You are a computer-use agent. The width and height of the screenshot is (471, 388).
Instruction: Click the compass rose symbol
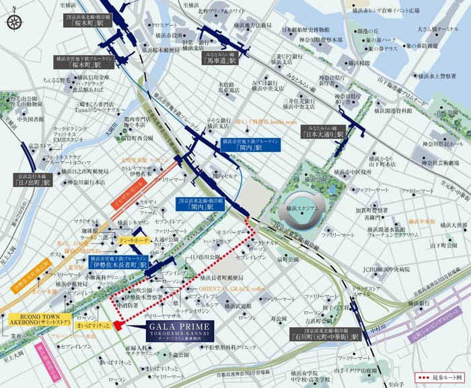(14, 22)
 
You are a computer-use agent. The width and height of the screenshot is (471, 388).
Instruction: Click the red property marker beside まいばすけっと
(116, 325)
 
